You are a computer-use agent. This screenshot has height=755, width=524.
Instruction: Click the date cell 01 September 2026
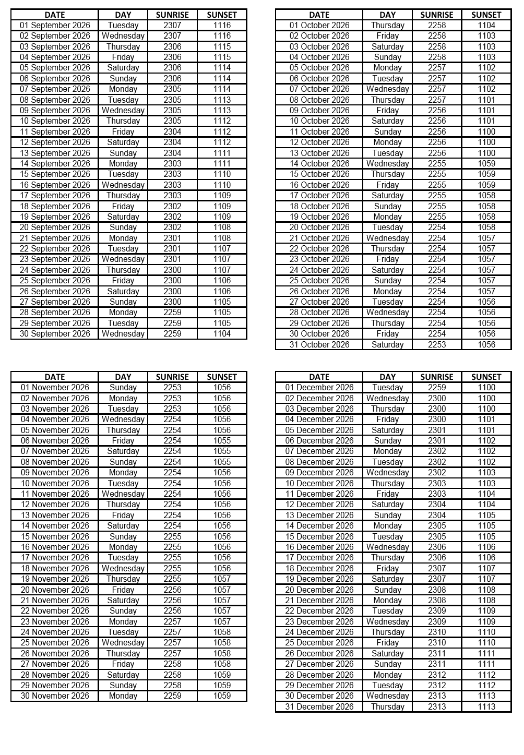[55, 25]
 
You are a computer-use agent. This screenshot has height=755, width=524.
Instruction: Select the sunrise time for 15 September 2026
[172, 174]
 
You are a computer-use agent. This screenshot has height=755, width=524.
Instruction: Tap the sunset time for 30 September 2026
[222, 334]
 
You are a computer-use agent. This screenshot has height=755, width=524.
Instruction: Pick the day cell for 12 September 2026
[123, 142]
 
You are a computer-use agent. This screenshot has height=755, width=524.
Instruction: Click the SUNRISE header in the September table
[172, 15]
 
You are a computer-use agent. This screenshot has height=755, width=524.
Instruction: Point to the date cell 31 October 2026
[319, 344]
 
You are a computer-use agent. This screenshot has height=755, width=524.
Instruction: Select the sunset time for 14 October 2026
[486, 164]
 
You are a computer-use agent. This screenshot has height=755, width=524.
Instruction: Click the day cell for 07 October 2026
[388, 89]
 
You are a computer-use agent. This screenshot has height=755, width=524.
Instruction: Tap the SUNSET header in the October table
[486, 15]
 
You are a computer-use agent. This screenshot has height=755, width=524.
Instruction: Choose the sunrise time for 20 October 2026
[437, 227]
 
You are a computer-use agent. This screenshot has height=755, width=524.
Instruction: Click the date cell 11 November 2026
[55, 494]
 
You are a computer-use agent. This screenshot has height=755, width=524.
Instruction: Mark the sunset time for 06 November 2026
[222, 441]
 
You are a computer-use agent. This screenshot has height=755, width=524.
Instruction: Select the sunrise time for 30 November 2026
[172, 696]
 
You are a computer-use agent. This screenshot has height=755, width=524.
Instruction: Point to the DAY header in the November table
[123, 377]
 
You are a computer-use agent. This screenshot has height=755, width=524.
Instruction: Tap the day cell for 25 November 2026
[123, 643]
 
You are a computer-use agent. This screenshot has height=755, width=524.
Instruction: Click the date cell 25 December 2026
[319, 643]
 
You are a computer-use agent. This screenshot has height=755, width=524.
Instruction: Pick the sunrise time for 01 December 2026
[437, 388]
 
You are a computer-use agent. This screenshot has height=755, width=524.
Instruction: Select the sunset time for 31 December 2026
[486, 707]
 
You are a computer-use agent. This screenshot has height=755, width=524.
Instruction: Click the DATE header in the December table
[319, 377]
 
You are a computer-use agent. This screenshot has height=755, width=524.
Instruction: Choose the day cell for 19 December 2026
[388, 579]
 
